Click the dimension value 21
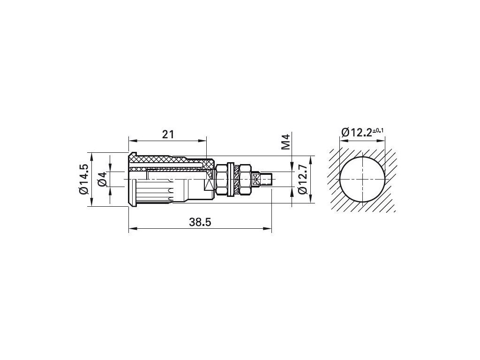[168, 135]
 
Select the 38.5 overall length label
[200, 222]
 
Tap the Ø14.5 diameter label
[83, 179]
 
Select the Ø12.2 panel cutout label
[356, 133]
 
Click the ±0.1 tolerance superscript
[378, 131]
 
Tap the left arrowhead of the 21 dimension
[132, 141]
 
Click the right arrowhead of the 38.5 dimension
[268, 228]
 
